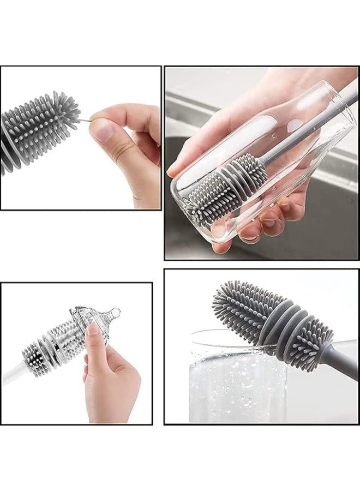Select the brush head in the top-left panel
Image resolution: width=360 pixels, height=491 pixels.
click(x=38, y=128)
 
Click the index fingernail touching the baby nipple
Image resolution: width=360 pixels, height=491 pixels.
click(x=93, y=330)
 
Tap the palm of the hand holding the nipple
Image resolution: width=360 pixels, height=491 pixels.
click(x=112, y=382)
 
